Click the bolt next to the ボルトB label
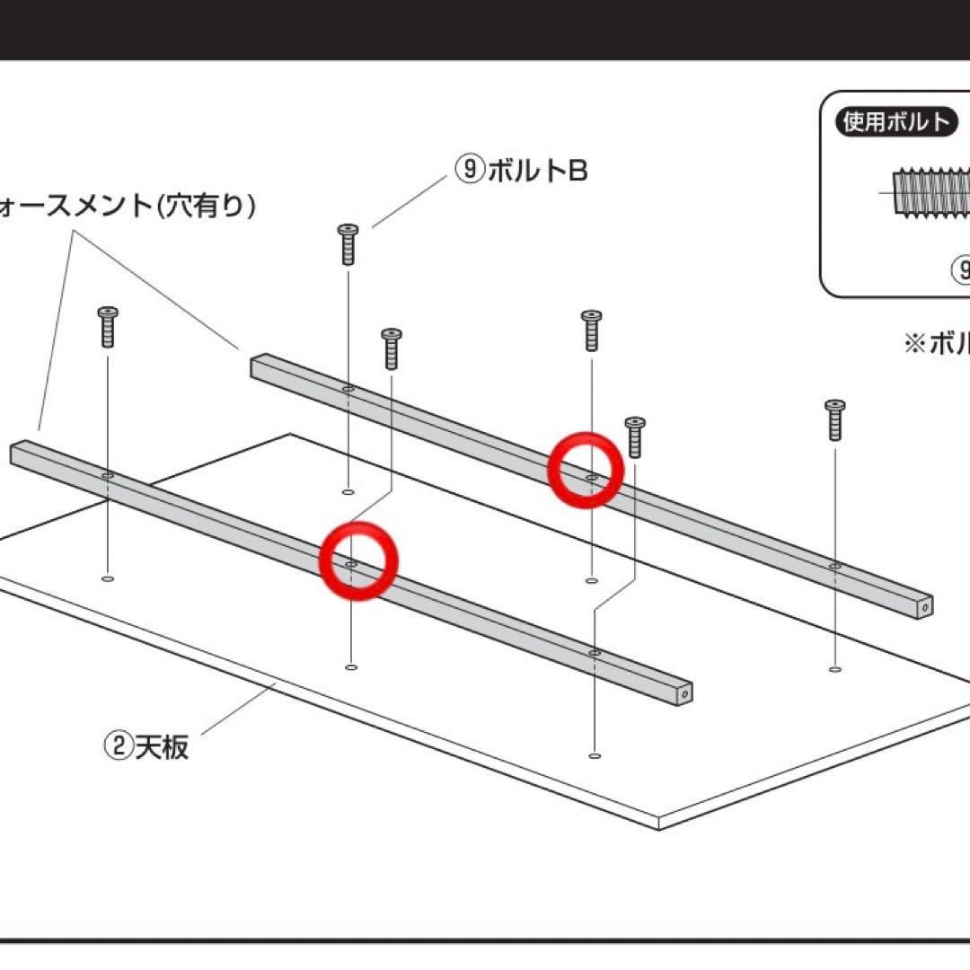[348, 244]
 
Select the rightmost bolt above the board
[835, 419]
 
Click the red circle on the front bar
[358, 561]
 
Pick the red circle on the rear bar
[586, 469]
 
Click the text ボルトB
[537, 171]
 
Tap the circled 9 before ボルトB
[470, 170]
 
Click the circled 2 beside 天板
[119, 746]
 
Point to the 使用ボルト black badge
[895, 121]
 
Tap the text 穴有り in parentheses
[206, 207]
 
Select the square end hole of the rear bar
[924, 608]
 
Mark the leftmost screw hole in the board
[108, 579]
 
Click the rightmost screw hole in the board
[835, 669]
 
